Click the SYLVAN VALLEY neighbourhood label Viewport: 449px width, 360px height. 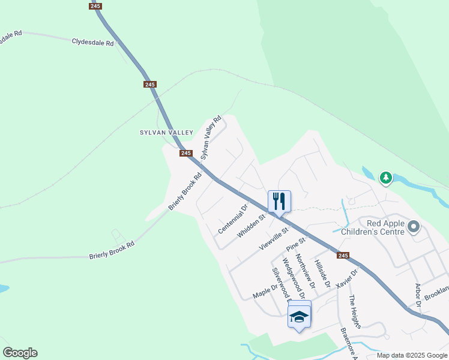pyautogui.click(x=167, y=132)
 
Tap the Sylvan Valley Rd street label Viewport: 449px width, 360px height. pyautogui.click(x=211, y=136)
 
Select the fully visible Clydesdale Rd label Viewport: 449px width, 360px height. pyautogui.click(x=92, y=43)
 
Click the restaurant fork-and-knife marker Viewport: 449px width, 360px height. pyautogui.click(x=279, y=201)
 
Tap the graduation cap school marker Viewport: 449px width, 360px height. pyautogui.click(x=299, y=316)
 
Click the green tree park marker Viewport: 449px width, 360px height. pyautogui.click(x=385, y=178)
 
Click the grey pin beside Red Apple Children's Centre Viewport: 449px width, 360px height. pyautogui.click(x=413, y=227)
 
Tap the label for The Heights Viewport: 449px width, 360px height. pyautogui.click(x=355, y=312)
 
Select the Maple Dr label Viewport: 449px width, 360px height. pyautogui.click(x=266, y=291)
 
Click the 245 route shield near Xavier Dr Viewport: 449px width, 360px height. pyautogui.click(x=343, y=255)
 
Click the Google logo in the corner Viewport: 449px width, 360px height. pyautogui.click(x=20, y=353)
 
